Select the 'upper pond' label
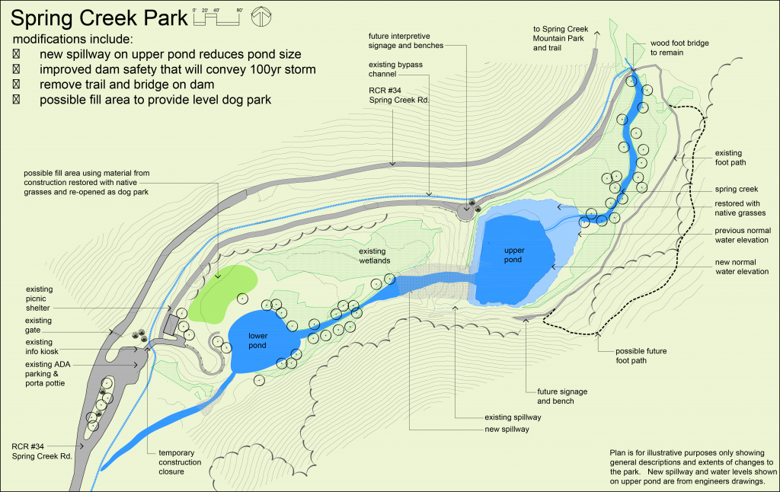point(514,255)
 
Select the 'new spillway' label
point(507,430)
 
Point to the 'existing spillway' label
point(512,417)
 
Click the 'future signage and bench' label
point(551,396)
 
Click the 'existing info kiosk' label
point(50,347)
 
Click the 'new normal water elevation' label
point(741,267)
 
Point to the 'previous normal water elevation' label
point(741,235)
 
